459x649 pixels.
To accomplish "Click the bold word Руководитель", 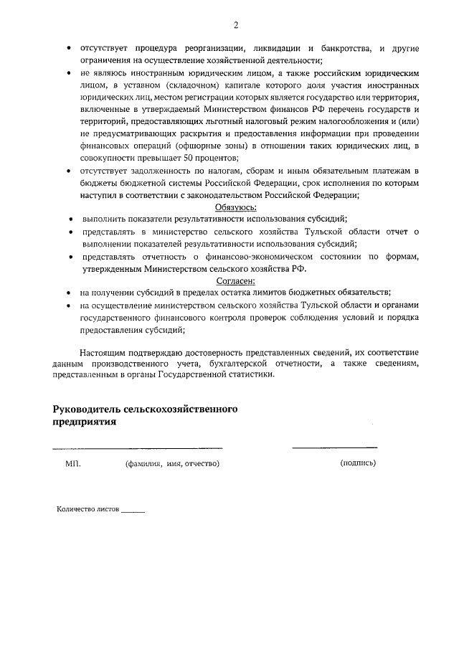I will pos(85,409).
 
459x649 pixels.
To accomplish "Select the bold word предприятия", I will pos(84,422).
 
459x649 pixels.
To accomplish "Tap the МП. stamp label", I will pos(73,463).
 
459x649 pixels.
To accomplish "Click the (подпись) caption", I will pos(357,463).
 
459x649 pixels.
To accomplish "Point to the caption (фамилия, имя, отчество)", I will pos(172,463).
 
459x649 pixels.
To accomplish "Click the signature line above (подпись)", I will pos(334,448).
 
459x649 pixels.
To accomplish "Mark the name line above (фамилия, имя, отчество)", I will pos(137,448).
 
